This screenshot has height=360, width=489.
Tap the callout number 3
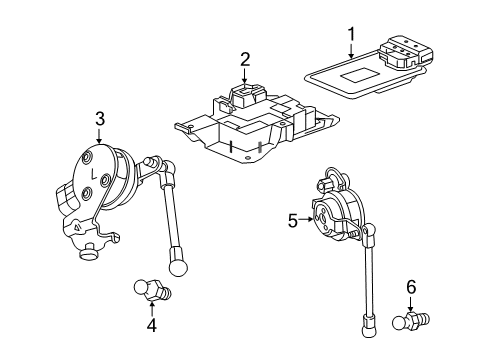click(x=100, y=120)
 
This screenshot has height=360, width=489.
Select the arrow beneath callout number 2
click(x=243, y=79)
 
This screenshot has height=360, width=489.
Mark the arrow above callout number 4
click(x=151, y=303)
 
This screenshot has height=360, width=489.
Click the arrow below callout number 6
click(x=411, y=333)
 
